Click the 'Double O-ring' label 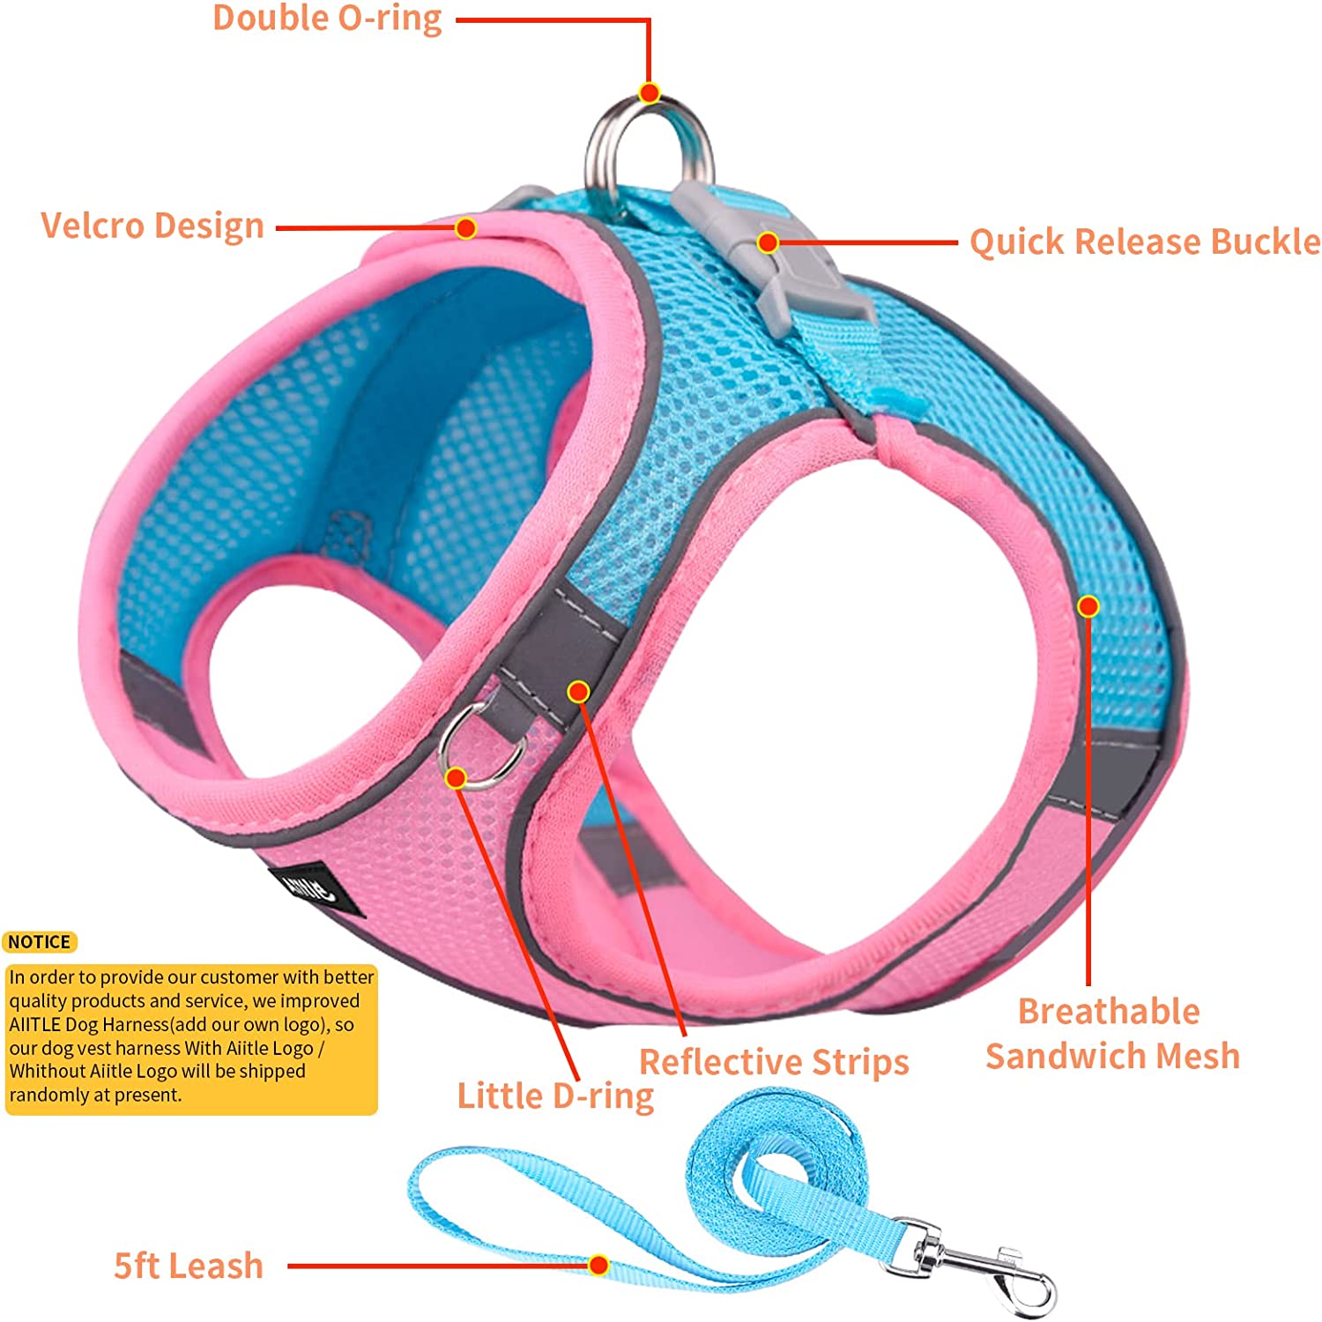tap(327, 19)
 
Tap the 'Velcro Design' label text tap(152, 226)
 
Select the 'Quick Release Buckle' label tap(1144, 241)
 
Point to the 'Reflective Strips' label tap(774, 1062)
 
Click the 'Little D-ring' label tap(555, 1096)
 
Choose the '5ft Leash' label tap(189, 1266)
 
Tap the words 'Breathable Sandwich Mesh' tap(1111, 1033)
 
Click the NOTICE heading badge tap(40, 942)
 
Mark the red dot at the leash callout tap(598, 1266)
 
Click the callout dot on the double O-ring tap(650, 93)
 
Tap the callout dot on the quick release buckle tap(768, 242)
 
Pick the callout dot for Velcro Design tap(465, 228)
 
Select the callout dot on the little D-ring tap(456, 777)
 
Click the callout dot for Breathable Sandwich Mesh tap(1088, 605)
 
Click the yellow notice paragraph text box tap(191, 1036)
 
